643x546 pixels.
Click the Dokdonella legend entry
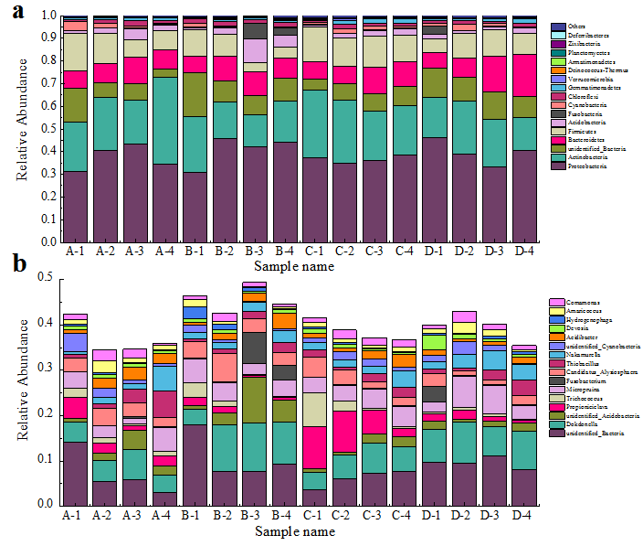(x=582, y=423)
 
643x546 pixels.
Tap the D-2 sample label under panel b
(x=464, y=516)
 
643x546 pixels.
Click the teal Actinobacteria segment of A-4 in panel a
(x=164, y=120)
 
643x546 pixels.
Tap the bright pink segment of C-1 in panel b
(x=314, y=447)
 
